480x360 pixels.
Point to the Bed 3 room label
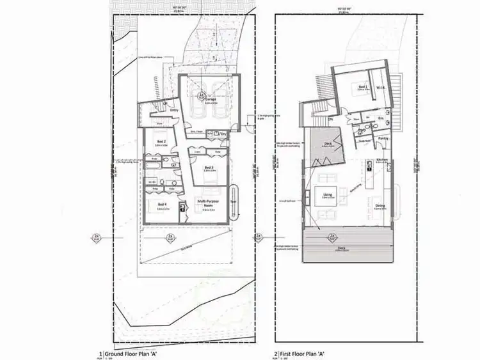(x=209, y=168)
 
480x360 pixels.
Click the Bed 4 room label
(x=161, y=204)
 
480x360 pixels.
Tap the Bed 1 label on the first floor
(x=362, y=88)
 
